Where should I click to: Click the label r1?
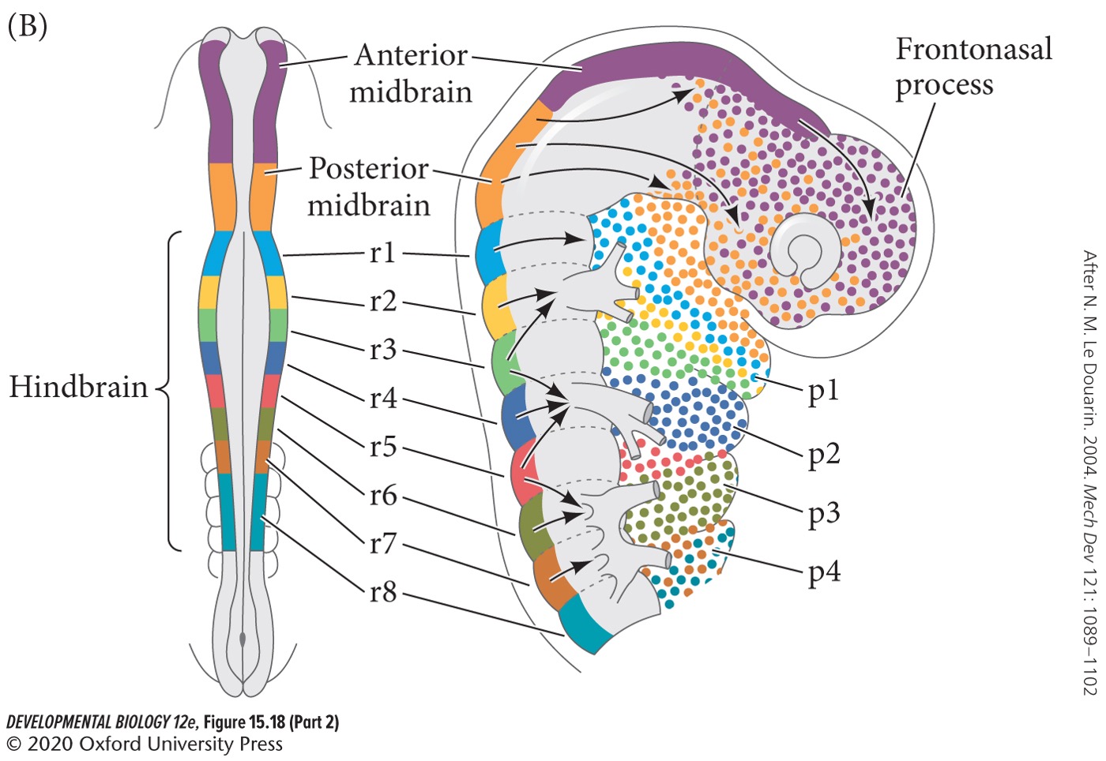click(383, 253)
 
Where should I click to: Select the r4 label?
click(383, 398)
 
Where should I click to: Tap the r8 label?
click(383, 591)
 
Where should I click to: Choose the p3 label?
click(823, 515)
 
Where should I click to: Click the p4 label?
click(823, 572)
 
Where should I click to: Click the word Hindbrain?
click(78, 387)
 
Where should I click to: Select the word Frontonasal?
click(973, 49)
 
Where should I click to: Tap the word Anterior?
click(411, 55)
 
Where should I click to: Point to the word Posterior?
click(368, 168)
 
